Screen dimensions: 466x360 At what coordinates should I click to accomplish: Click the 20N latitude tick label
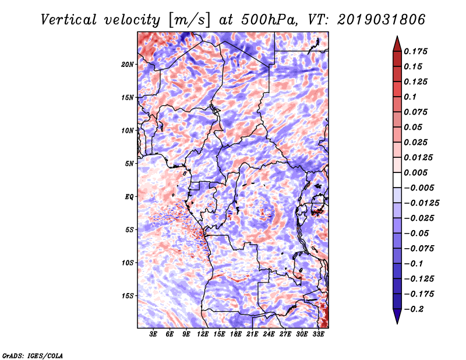point(128,65)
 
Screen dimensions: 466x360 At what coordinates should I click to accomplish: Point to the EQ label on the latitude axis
point(129,197)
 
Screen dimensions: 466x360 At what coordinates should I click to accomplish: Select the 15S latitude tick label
point(128,296)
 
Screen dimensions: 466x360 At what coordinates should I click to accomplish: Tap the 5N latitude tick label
point(129,164)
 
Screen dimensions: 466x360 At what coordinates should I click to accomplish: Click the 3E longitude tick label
point(153,334)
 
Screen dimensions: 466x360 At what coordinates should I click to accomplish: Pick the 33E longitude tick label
point(318,334)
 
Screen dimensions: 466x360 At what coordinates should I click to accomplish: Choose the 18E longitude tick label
point(236,334)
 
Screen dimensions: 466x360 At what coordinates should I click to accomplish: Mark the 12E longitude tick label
point(203,334)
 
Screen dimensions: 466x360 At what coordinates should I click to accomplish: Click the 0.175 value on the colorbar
point(415,51)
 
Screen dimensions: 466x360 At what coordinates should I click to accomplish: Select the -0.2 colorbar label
point(414,309)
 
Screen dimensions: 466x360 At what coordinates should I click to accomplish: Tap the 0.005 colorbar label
point(415,172)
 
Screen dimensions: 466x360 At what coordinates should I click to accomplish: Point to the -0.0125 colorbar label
point(421,203)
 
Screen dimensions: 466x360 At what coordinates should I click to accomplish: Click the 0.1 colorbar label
point(410,97)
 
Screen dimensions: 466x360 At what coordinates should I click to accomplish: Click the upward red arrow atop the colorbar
point(397,44)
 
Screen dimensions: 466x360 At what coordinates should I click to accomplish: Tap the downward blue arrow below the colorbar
point(397,316)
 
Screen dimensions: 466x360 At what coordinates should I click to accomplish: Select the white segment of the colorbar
point(397,180)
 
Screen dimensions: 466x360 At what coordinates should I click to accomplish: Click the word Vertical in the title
point(69,20)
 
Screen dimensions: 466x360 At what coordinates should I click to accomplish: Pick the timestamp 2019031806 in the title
point(382,20)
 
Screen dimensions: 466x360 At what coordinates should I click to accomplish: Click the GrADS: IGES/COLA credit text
point(33,356)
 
